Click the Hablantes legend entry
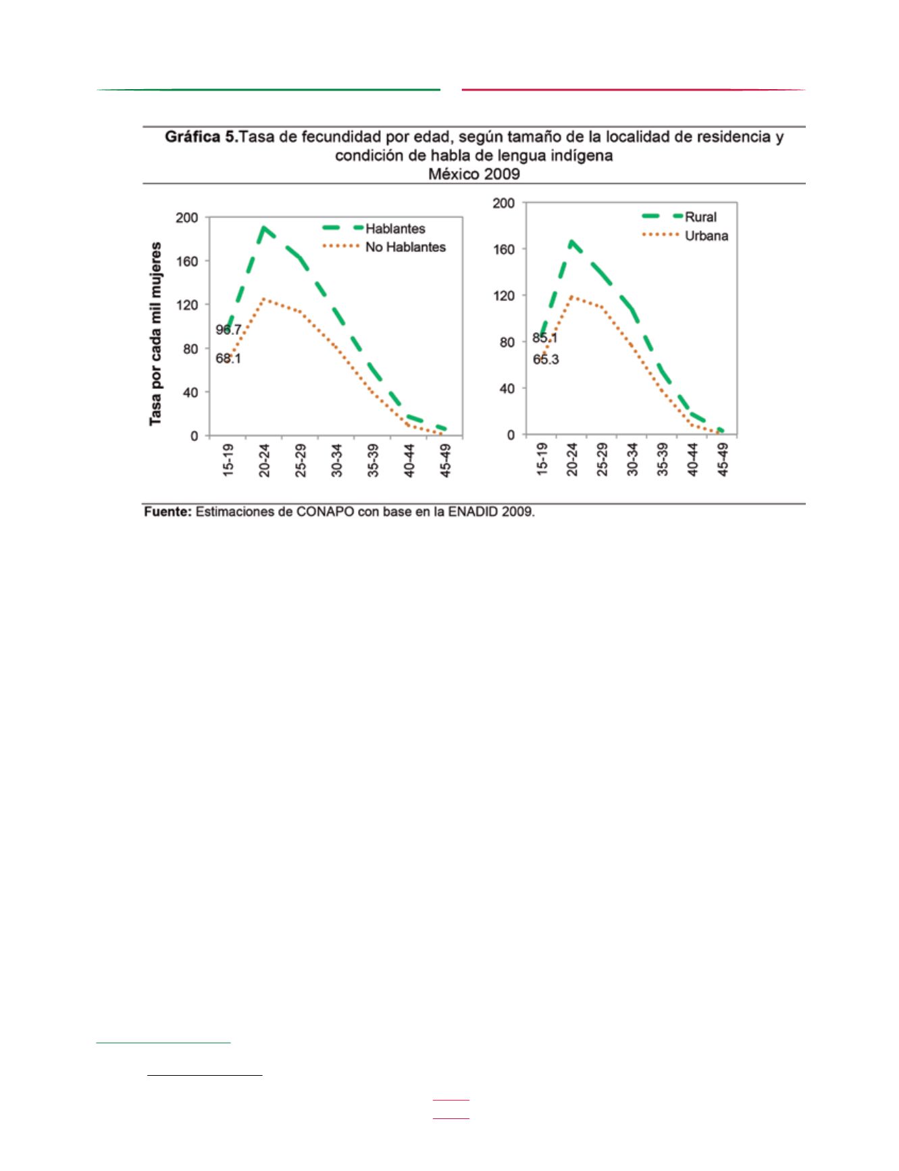click(374, 228)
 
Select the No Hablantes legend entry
click(384, 247)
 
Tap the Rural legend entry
click(679, 217)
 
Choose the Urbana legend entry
click(685, 236)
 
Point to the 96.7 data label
click(228, 330)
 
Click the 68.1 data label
click(228, 359)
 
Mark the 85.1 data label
click(545, 338)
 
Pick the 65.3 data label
click(546, 359)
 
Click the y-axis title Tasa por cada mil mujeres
click(155, 334)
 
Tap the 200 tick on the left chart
click(187, 217)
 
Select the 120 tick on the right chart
click(503, 296)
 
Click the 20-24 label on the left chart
click(264, 460)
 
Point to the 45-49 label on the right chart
click(723, 460)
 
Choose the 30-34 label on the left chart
click(337, 460)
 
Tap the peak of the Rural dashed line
click(572, 241)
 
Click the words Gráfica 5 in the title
click(202, 137)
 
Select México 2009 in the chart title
click(474, 174)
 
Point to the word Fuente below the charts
click(168, 512)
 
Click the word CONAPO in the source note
click(326, 512)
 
